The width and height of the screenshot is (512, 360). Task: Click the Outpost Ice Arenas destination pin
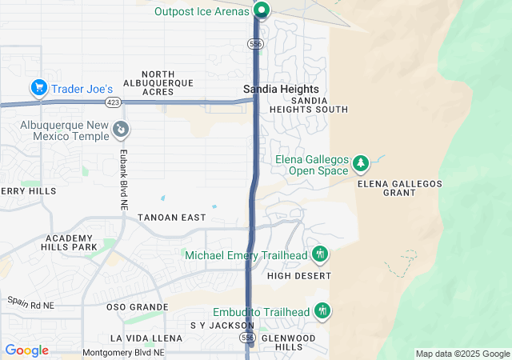(262, 10)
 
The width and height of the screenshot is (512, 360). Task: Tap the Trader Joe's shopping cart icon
(38, 87)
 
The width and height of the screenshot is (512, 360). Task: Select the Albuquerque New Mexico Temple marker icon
(120, 128)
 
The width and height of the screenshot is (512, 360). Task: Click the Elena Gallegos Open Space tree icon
(361, 163)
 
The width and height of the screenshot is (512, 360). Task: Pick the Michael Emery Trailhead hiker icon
(320, 254)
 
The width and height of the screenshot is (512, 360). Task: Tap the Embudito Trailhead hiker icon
(322, 310)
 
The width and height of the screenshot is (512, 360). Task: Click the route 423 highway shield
(113, 102)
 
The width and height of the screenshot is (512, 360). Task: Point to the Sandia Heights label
(281, 89)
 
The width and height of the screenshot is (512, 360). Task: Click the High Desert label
(298, 276)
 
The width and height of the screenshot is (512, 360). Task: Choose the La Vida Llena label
(146, 338)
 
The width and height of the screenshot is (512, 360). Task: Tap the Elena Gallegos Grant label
(400, 189)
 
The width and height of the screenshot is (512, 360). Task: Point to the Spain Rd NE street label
(31, 302)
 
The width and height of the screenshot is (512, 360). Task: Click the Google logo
(26, 350)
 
